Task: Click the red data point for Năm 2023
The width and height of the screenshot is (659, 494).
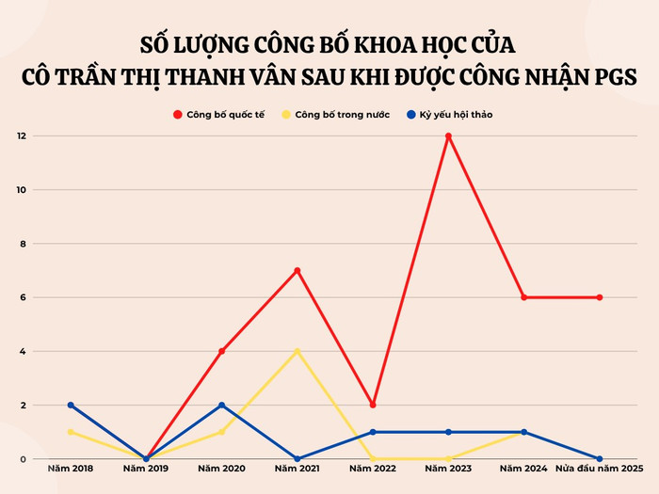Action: click(x=448, y=136)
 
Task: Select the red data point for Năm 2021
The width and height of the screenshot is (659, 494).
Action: click(x=297, y=271)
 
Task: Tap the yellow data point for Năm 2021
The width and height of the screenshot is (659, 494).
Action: click(x=297, y=352)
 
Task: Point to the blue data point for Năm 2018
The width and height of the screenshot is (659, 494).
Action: click(x=71, y=406)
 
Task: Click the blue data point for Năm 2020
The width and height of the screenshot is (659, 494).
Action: click(x=222, y=406)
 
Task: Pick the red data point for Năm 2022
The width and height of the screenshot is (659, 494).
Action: click(x=373, y=406)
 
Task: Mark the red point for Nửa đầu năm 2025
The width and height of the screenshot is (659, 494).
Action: click(x=599, y=297)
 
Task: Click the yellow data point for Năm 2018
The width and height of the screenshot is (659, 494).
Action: click(x=71, y=432)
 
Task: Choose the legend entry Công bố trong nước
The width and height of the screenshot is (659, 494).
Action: click(x=335, y=115)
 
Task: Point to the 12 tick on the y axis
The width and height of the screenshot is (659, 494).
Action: click(x=21, y=136)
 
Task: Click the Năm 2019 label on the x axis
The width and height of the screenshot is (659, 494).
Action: click(x=146, y=468)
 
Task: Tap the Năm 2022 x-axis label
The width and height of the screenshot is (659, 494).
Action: click(x=373, y=468)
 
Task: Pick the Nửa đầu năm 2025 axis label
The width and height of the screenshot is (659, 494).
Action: click(x=599, y=468)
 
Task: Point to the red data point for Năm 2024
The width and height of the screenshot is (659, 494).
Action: click(x=523, y=297)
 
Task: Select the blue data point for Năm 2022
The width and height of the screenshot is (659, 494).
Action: click(x=373, y=432)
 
